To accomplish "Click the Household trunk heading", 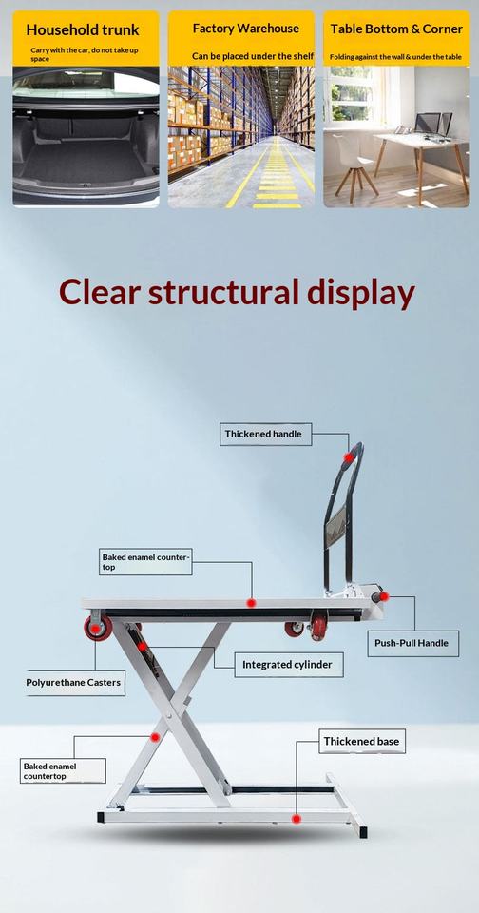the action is (x=83, y=29).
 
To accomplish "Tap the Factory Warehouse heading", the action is (x=245, y=28).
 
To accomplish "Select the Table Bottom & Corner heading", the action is (x=396, y=29).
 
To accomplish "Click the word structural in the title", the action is (x=224, y=292).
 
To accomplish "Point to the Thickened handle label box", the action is (x=265, y=435).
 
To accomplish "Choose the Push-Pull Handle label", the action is (x=412, y=644).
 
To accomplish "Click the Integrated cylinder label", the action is (x=289, y=665).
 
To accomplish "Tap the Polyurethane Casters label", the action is (x=74, y=683).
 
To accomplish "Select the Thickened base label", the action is (x=362, y=741).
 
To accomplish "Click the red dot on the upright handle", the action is (x=348, y=457).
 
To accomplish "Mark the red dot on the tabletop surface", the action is (x=251, y=603).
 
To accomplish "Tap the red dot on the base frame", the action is (x=297, y=819).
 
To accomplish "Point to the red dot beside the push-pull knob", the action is (x=385, y=596).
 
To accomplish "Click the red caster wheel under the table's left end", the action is (x=98, y=629).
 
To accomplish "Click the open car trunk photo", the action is (x=86, y=136).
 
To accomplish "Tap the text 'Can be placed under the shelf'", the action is (x=253, y=56).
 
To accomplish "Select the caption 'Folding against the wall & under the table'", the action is (x=395, y=57).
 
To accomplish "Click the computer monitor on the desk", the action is (x=427, y=123).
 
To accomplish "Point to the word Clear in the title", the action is (x=100, y=292).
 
